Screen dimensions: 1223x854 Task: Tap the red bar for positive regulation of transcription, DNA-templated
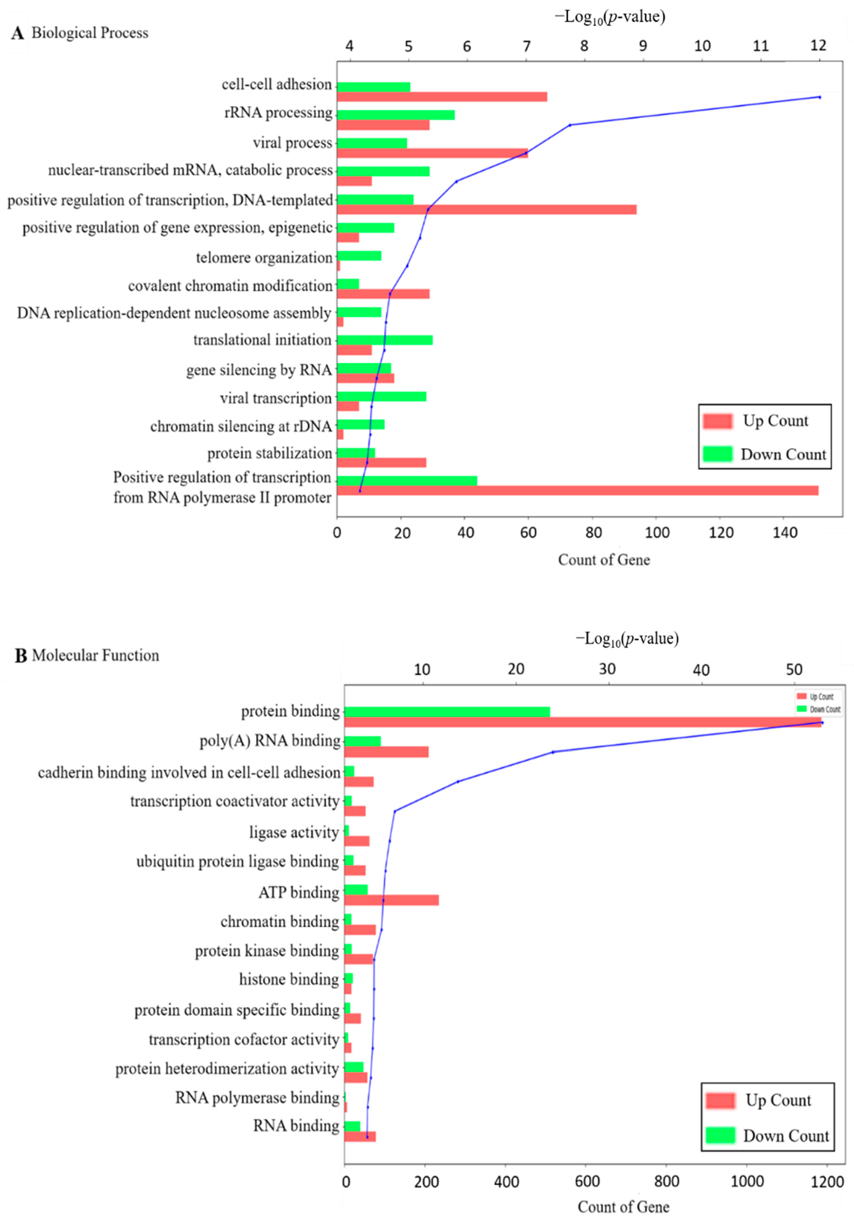pyautogui.click(x=486, y=209)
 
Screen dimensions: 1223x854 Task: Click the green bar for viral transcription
pyautogui.click(x=381, y=396)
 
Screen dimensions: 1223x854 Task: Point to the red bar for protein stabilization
pyautogui.click(x=381, y=462)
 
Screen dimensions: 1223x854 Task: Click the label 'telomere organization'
pyautogui.click(x=264, y=258)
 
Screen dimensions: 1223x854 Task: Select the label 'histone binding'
pyautogui.click(x=289, y=979)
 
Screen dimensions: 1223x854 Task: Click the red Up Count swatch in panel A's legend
pyautogui.click(x=718, y=421)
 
